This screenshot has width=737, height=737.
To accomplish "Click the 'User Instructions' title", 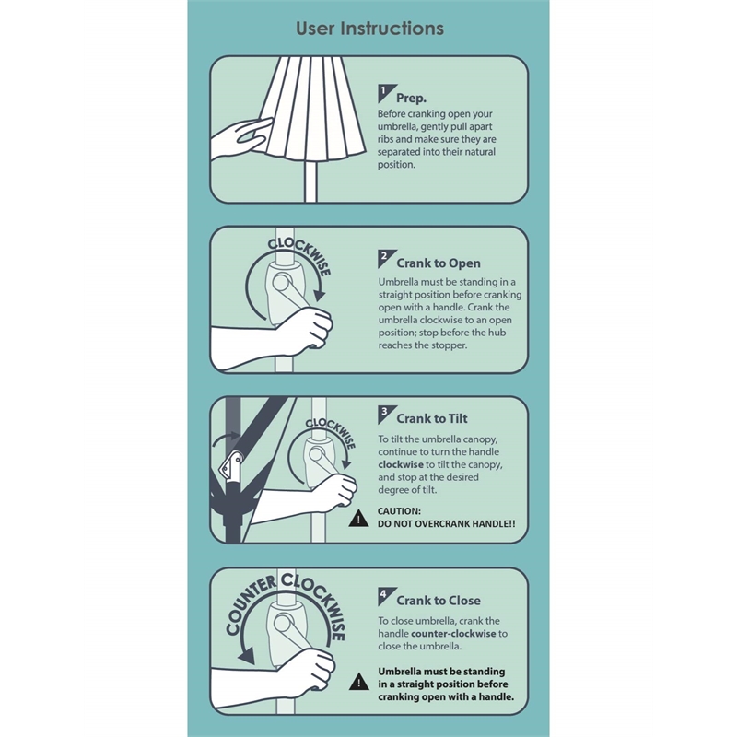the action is [369, 29].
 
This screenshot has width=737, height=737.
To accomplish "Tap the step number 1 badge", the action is [385, 93].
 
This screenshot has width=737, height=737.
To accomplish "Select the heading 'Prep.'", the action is [411, 99].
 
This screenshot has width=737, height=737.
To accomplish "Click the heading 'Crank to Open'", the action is [439, 263].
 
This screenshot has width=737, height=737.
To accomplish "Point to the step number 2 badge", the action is [385, 258].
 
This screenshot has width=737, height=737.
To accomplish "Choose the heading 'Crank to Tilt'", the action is [432, 418].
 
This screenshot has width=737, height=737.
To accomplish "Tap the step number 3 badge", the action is [385, 414].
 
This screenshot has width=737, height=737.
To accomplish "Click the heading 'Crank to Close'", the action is [439, 601].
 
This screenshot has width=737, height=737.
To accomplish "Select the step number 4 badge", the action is [385, 596].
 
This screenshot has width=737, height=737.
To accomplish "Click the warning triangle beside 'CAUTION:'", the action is [358, 518].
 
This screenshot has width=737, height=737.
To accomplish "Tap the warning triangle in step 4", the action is [359, 682].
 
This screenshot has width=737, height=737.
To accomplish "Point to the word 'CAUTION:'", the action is [399, 511].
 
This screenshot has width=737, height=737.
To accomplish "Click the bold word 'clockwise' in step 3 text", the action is [401, 464].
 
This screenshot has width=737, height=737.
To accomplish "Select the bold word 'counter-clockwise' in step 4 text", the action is [453, 633].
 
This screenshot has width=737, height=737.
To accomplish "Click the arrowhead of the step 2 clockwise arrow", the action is [320, 295].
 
